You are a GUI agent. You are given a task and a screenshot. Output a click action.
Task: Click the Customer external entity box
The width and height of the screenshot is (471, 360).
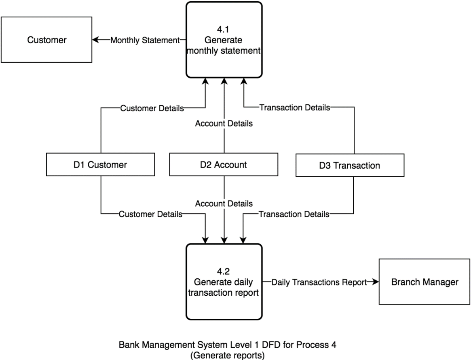[46, 40]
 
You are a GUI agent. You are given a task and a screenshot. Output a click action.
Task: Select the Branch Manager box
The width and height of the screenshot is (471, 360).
[425, 282]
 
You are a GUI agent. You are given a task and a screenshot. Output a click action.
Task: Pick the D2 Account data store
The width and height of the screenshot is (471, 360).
[224, 165]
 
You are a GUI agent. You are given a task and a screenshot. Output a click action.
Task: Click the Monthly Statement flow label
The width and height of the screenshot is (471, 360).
[145, 40]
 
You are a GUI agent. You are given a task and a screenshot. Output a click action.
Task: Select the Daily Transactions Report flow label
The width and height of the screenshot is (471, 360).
[319, 282]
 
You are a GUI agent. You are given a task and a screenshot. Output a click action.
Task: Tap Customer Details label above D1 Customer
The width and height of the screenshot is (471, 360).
[152, 108]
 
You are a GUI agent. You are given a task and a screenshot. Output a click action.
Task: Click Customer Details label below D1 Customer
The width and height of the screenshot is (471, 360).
[150, 214]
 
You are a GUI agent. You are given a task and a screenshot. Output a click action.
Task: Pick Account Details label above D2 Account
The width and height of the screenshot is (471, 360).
[224, 124]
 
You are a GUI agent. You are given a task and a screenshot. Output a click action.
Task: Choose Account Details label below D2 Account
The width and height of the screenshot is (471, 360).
[224, 203]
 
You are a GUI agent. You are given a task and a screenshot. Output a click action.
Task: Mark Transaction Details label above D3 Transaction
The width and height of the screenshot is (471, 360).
[294, 108]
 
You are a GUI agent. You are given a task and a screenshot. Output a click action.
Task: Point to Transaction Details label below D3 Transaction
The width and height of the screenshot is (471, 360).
[294, 214]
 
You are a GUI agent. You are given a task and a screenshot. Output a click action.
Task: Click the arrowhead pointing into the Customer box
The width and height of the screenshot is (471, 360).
[95, 40]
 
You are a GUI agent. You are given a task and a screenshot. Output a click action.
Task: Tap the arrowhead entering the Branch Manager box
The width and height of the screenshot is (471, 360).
[376, 282]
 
